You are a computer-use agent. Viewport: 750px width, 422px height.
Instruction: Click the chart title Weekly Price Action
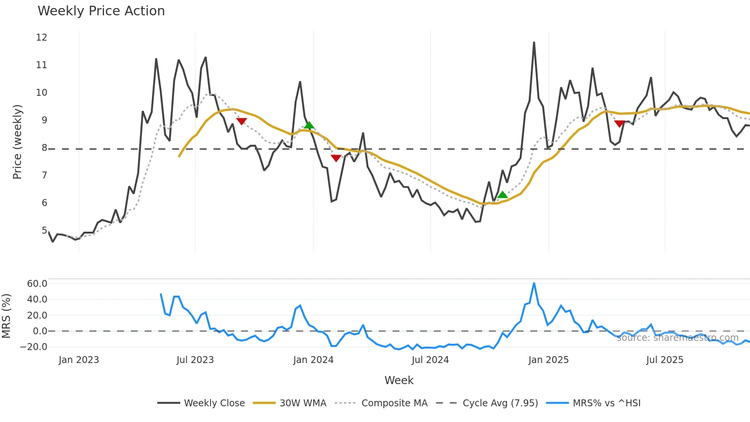pyautogui.click(x=101, y=11)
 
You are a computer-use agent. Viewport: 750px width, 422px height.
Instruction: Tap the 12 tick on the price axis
pyautogui.click(x=41, y=38)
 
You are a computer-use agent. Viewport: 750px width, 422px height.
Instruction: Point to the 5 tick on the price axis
pyautogui.click(x=44, y=231)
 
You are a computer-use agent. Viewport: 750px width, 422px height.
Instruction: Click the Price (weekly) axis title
pyautogui.click(x=17, y=142)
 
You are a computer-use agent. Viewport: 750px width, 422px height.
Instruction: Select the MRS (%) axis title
pyautogui.click(x=6, y=316)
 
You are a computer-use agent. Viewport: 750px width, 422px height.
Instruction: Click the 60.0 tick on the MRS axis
pyautogui.click(x=37, y=284)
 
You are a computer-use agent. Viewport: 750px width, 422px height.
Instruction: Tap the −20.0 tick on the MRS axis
pyautogui.click(x=34, y=347)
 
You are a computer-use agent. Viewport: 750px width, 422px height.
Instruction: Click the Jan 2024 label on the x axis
pyautogui.click(x=313, y=360)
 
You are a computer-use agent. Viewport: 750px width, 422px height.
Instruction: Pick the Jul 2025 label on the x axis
pyautogui.click(x=665, y=360)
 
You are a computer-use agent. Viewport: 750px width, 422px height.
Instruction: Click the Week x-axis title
pyautogui.click(x=399, y=380)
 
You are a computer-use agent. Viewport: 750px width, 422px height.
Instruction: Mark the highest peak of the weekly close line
pyautogui.click(x=534, y=43)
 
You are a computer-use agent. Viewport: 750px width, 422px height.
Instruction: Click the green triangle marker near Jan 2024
pyautogui.click(x=309, y=125)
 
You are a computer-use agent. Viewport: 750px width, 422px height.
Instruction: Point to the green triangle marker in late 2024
pyautogui.click(x=502, y=195)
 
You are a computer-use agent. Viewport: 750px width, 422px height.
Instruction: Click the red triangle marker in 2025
pyautogui.click(x=620, y=123)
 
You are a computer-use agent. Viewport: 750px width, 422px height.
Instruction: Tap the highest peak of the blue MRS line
pyautogui.click(x=534, y=283)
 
